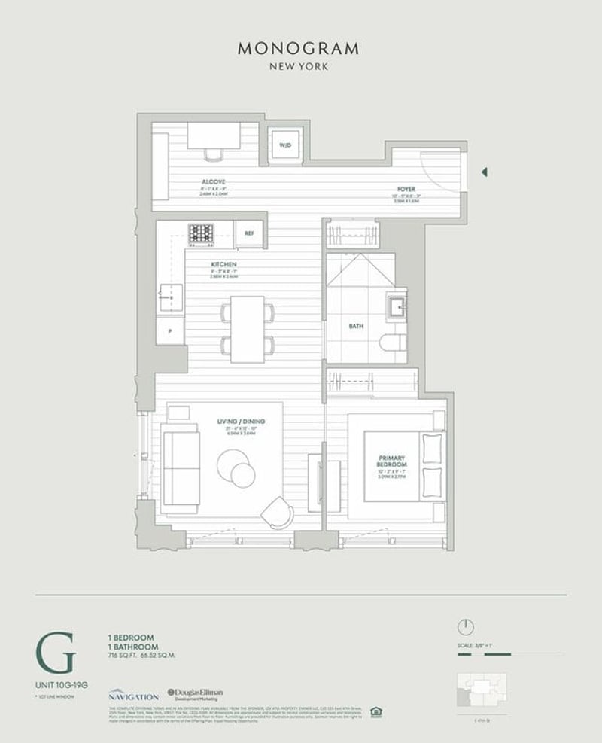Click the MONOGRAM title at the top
point(298,49)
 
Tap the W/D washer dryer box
point(285,144)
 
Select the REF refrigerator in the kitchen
point(248,234)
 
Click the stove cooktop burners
point(201,234)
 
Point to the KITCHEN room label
point(223,265)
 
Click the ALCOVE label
point(214,182)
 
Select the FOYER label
point(406,189)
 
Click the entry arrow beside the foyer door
point(485,172)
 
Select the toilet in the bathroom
point(392,343)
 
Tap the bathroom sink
point(396,306)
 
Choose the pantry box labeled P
point(170,330)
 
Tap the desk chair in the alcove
point(214,155)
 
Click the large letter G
point(55,653)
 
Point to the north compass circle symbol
point(466,626)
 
